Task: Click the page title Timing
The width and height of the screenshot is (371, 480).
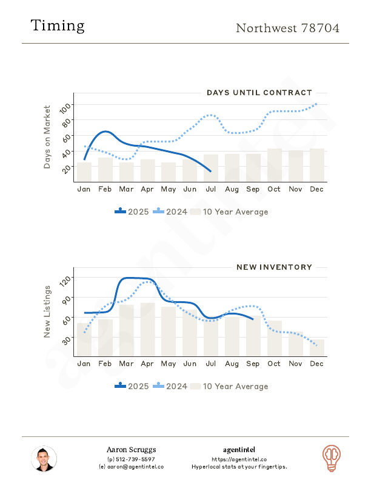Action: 58,26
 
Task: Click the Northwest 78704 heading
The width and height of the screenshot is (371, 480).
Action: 287,28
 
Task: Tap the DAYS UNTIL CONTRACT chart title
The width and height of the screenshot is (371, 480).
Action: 259,93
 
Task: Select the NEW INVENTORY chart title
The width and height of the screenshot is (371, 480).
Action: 274,267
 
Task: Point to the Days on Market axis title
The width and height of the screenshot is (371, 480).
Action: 47,138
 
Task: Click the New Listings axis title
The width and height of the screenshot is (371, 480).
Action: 47,312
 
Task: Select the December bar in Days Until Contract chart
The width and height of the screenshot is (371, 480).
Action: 317,165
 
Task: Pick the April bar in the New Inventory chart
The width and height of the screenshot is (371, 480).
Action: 147,329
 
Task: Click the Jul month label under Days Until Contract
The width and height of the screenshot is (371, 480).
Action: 211,189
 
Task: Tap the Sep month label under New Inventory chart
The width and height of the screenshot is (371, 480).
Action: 253,364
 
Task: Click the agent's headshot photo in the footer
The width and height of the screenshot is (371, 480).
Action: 44,459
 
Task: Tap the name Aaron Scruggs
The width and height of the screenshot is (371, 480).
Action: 131,450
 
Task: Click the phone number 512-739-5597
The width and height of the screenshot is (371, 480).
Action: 134,459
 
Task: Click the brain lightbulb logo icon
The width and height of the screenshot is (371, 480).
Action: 331,458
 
